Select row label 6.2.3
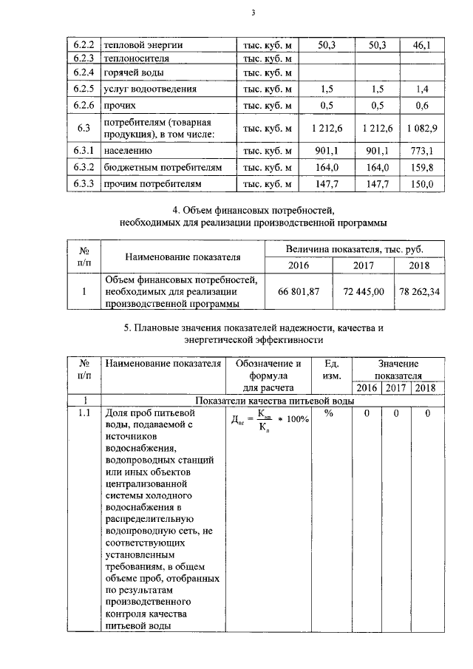[x=86, y=58]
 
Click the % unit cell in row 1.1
[x=329, y=413]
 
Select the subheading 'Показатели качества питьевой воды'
[x=273, y=400]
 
